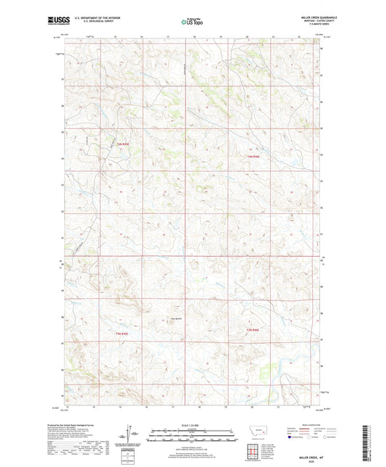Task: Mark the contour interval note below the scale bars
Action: click(x=193, y=443)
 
